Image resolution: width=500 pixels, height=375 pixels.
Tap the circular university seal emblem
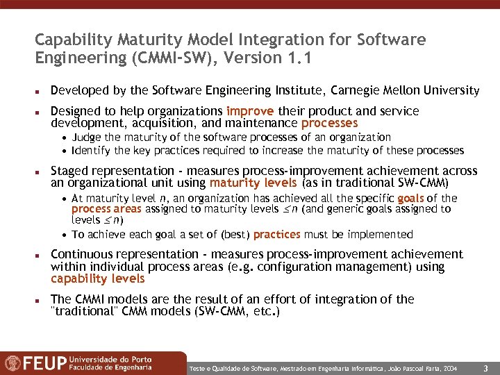[x=12, y=362]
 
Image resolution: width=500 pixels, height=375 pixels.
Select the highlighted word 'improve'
[x=251, y=111]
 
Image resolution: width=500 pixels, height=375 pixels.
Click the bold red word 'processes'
[x=330, y=123]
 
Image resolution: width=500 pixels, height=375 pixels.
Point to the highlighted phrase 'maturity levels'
[x=243, y=183]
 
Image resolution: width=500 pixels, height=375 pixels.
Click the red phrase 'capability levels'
[x=98, y=279]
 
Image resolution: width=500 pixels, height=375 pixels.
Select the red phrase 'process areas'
[x=106, y=209]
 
